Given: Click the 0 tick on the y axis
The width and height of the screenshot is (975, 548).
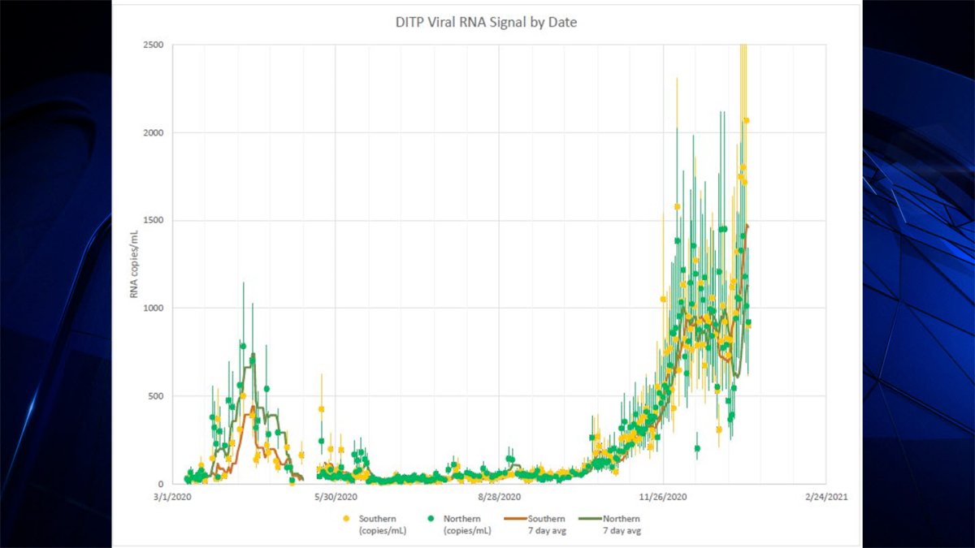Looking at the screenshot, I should (x=160, y=484).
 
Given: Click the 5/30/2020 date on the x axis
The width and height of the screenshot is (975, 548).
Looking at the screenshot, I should (x=335, y=497).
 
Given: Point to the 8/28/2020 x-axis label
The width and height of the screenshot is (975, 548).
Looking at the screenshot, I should (x=499, y=497).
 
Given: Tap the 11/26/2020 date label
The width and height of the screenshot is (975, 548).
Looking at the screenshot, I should (x=663, y=497).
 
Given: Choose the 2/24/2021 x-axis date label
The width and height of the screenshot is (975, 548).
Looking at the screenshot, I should (x=825, y=497).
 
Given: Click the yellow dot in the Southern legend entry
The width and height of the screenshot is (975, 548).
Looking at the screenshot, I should (x=347, y=519).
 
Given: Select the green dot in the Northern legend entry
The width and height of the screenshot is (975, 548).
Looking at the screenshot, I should (x=433, y=519).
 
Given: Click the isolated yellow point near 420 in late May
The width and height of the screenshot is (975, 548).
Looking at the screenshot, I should (x=322, y=409).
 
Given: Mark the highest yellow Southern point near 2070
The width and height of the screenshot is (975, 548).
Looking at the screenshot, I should (x=746, y=121).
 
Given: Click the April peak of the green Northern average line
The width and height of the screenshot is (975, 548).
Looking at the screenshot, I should (x=253, y=356).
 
